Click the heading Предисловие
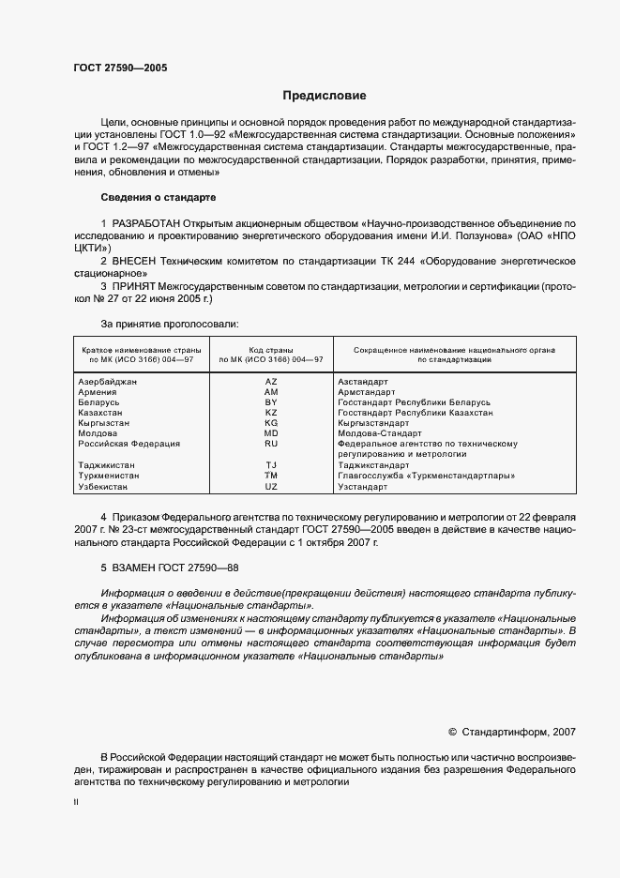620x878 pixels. click(325, 96)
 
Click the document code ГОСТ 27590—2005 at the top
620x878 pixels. click(120, 68)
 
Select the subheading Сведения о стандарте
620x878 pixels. click(158, 198)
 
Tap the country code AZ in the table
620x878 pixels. click(271, 382)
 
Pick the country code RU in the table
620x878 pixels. click(271, 444)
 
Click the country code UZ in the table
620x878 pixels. click(271, 487)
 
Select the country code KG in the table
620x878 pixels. click(271, 423)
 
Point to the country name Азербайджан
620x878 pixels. click(108, 382)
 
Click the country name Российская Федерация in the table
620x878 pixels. click(129, 444)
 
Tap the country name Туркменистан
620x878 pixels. click(109, 476)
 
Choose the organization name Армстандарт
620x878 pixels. click(369, 392)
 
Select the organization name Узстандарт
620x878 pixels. click(362, 487)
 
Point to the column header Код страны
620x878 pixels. click(271, 348)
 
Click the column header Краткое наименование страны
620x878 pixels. click(138, 348)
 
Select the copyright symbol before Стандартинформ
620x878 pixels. click(452, 732)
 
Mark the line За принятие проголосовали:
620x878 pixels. click(169, 323)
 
